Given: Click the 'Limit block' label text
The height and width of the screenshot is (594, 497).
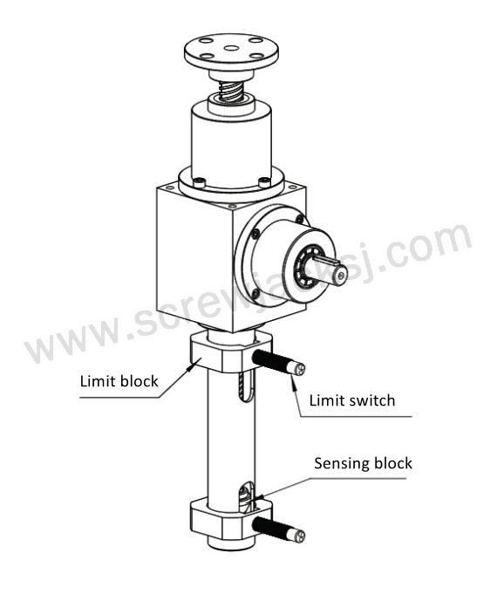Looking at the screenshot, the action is (119, 381).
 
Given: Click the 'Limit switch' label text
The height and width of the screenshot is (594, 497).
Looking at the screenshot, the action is (352, 400).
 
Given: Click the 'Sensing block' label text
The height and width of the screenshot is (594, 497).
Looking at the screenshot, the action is (363, 463).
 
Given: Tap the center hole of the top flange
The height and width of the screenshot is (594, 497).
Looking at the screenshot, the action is (231, 48).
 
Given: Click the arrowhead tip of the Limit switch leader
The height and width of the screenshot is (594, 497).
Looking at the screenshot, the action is (292, 376).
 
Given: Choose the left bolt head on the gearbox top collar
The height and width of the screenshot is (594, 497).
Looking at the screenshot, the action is (200, 183).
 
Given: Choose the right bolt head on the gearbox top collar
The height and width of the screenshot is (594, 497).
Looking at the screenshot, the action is (264, 182).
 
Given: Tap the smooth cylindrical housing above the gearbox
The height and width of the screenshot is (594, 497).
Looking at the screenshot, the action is (231, 144).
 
